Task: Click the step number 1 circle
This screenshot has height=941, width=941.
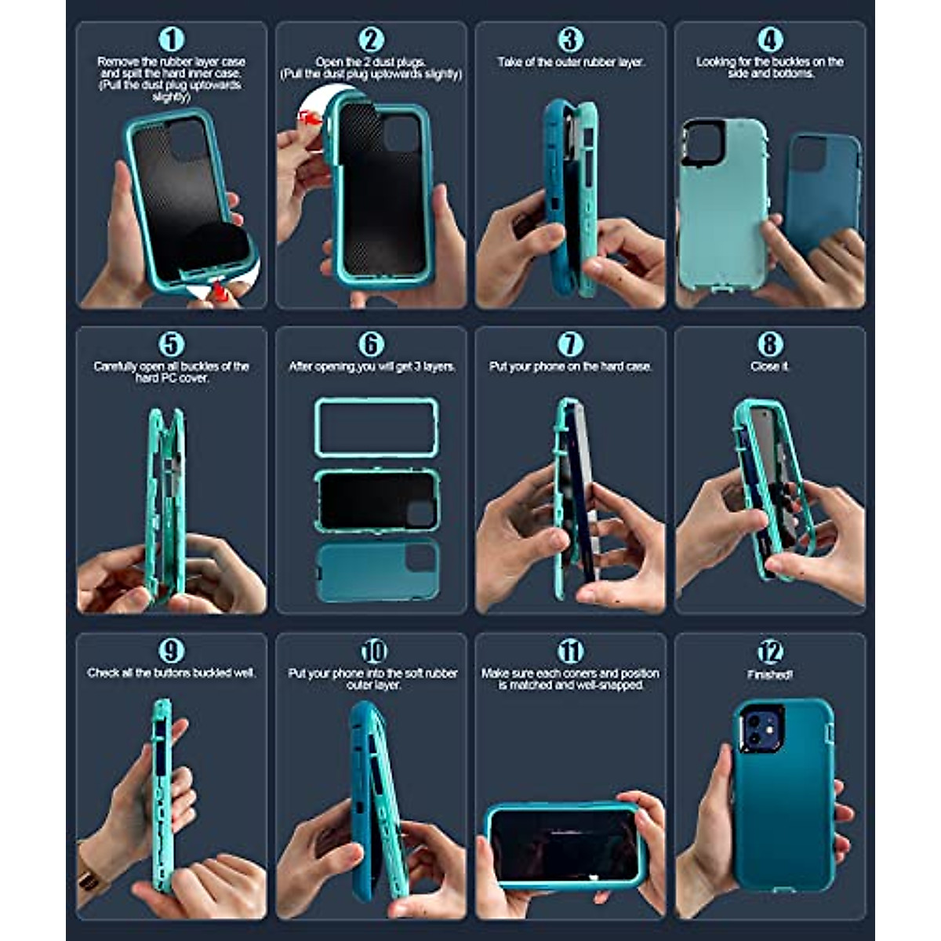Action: (171, 39)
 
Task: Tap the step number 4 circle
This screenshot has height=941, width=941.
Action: (770, 39)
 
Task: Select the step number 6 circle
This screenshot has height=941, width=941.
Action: (371, 343)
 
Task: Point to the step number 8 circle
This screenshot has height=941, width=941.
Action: (770, 343)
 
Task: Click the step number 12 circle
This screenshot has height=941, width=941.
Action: (770, 651)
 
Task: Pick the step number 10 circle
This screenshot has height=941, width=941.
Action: (373, 651)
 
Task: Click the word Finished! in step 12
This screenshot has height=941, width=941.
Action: (770, 674)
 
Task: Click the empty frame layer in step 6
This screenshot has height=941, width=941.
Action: (376, 427)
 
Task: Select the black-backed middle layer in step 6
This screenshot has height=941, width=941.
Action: (376, 500)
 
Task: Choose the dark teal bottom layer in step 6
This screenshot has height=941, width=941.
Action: (376, 571)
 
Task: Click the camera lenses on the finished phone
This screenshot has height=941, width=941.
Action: (758, 729)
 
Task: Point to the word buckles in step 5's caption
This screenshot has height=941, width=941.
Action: (205, 366)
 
